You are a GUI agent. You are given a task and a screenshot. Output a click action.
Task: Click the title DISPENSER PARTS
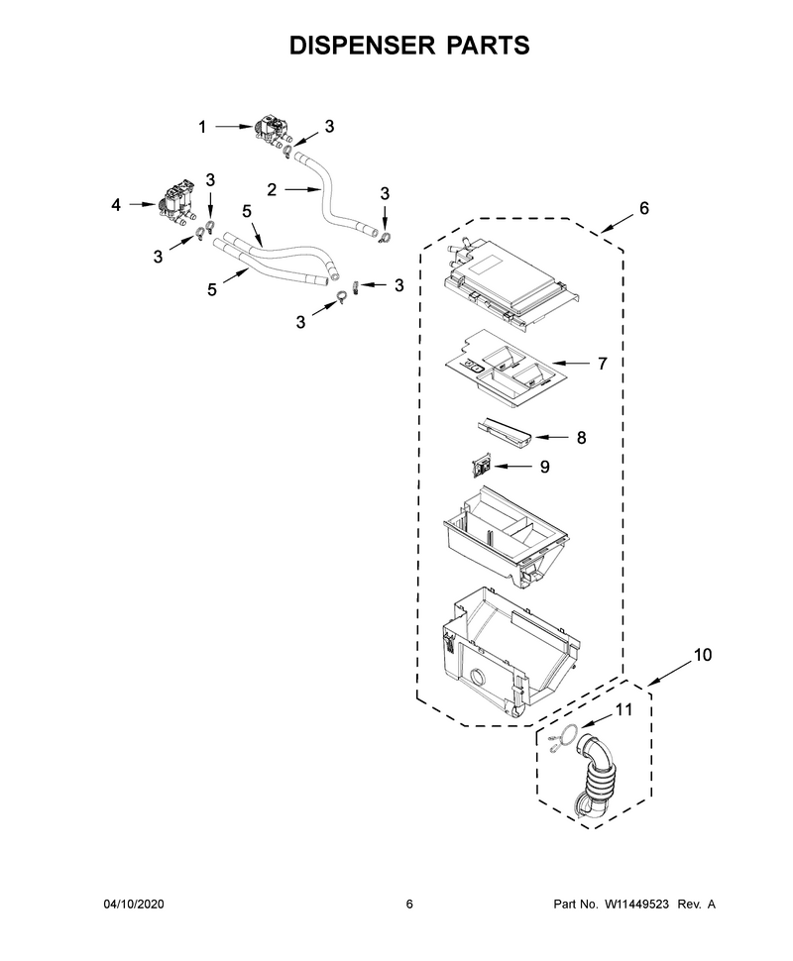[409, 46]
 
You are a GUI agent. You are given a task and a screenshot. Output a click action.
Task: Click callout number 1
[202, 127]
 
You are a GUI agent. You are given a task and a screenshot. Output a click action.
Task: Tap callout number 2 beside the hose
[272, 190]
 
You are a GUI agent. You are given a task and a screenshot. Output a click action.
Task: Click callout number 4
[116, 205]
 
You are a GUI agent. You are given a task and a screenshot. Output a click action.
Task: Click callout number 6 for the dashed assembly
[643, 208]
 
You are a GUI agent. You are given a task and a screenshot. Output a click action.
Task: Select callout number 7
[603, 364]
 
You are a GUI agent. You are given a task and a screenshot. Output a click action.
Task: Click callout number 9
[544, 467]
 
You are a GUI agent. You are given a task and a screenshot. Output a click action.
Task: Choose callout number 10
[703, 655]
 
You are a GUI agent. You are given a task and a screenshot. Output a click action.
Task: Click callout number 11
[623, 709]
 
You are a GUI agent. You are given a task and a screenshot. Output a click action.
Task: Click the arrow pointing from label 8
[551, 437]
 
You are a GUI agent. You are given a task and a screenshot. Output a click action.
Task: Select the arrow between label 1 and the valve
[233, 127]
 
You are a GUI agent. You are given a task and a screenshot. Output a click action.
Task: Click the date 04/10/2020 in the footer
[133, 904]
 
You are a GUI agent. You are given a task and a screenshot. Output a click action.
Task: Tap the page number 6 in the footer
[409, 904]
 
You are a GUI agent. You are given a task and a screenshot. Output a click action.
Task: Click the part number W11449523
[636, 904]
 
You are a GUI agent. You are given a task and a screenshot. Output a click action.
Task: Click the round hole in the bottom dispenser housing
[477, 679]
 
